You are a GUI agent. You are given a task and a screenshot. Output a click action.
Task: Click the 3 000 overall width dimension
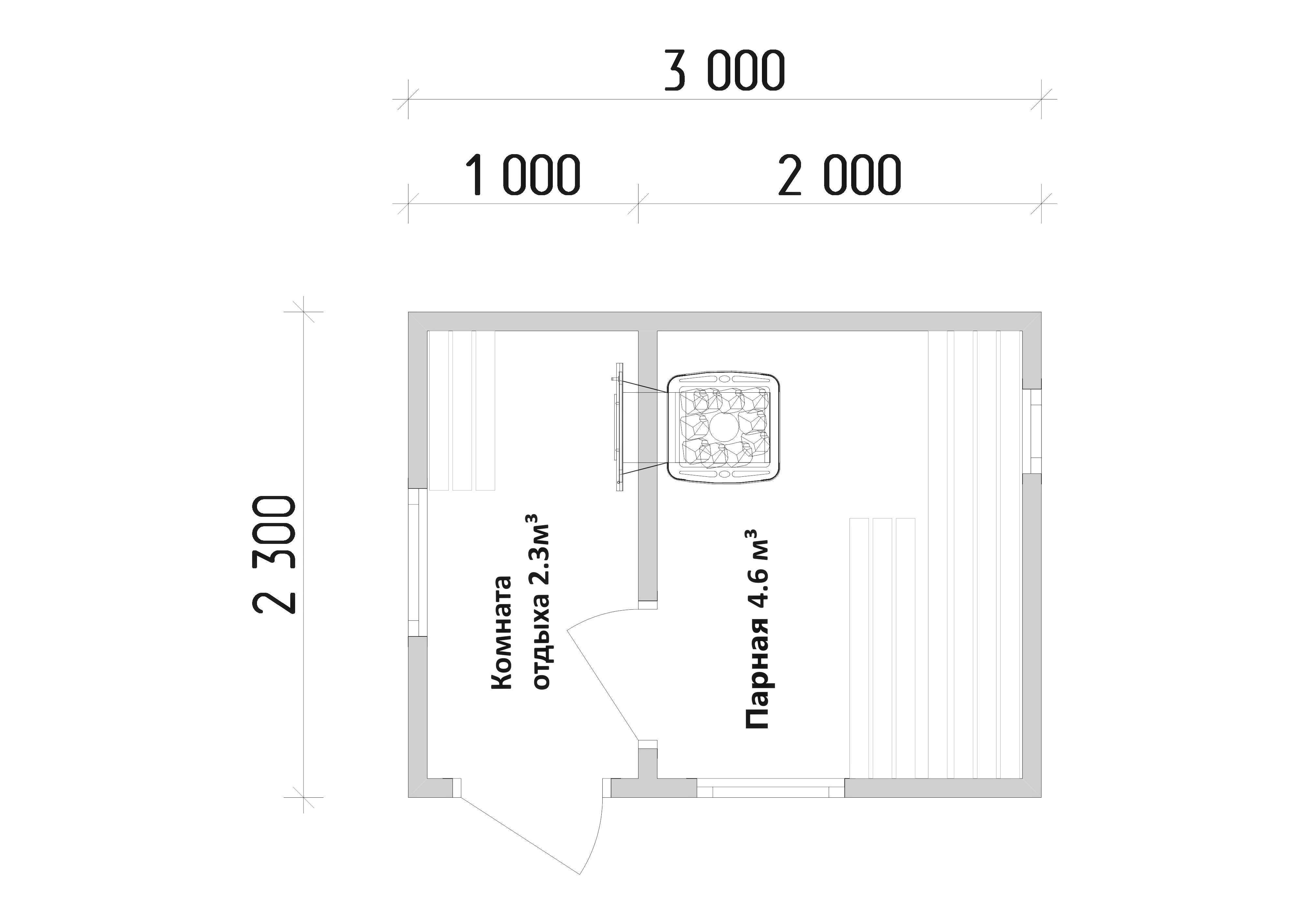point(725,70)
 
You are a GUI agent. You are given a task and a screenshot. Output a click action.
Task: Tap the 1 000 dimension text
point(523,175)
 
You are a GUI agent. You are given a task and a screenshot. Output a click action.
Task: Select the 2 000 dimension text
point(839,175)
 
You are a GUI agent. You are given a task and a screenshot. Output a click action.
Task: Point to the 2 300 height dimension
point(274,555)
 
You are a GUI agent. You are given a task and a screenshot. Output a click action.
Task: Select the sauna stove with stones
point(723,427)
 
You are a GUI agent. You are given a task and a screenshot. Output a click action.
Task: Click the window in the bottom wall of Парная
point(771,788)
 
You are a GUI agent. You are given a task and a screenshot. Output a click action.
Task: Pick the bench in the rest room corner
point(462,410)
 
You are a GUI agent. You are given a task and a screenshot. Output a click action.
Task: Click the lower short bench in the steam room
point(882,647)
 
